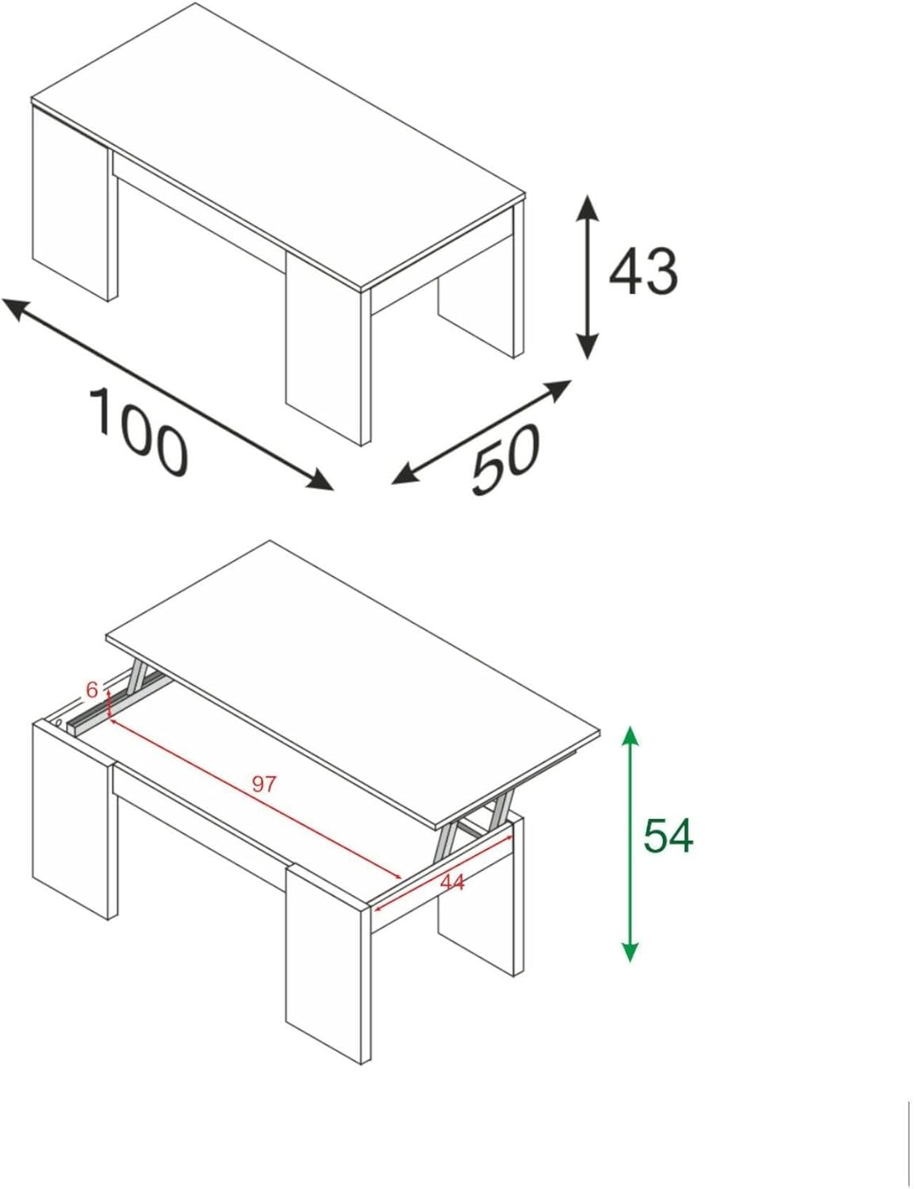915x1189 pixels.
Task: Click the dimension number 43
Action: pyautogui.click(x=643, y=272)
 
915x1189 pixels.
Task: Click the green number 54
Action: pyautogui.click(x=668, y=835)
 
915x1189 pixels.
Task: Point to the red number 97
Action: pyautogui.click(x=264, y=784)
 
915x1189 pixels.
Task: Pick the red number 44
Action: pyautogui.click(x=452, y=881)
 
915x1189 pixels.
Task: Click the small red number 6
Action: pyautogui.click(x=92, y=690)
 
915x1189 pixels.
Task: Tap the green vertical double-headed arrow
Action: pyautogui.click(x=630, y=843)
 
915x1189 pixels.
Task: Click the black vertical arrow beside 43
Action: pyautogui.click(x=586, y=277)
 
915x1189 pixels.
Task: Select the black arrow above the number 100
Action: pyautogui.click(x=167, y=393)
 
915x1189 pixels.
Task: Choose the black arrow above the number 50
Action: pyautogui.click(x=482, y=431)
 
